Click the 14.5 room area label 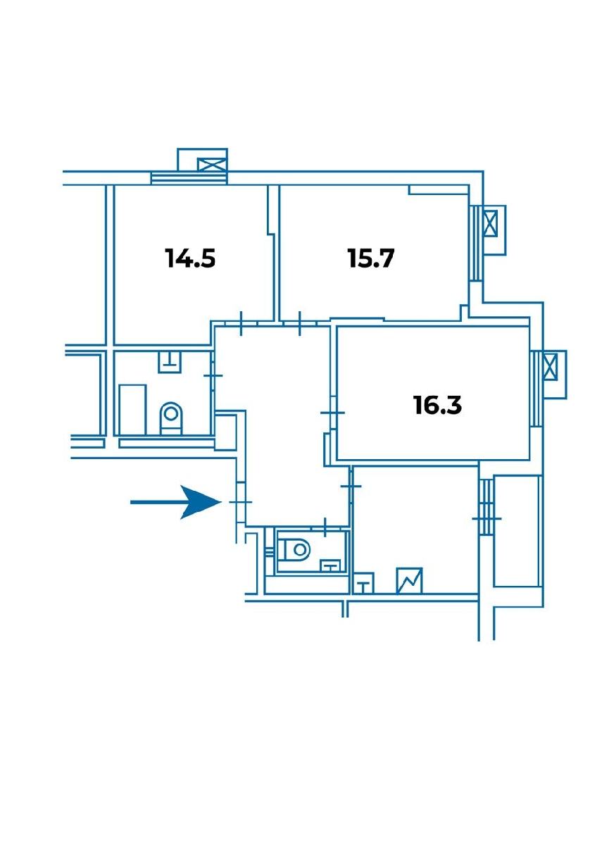pyautogui.click(x=191, y=258)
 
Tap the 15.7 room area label pyautogui.click(x=371, y=258)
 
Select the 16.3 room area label pyautogui.click(x=437, y=405)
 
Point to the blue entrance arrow pyautogui.click(x=175, y=502)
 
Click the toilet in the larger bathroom pyautogui.click(x=171, y=418)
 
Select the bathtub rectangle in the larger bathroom pyautogui.click(x=133, y=410)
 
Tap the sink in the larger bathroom pyautogui.click(x=170, y=361)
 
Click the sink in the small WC pyautogui.click(x=330, y=565)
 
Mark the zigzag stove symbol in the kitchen pyautogui.click(x=409, y=581)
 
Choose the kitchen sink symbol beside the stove pyautogui.click(x=364, y=584)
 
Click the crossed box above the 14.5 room pyautogui.click(x=213, y=165)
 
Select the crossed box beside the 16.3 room pyautogui.click(x=551, y=367)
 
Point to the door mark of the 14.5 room pyautogui.click(x=241, y=323)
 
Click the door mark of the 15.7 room pyautogui.click(x=300, y=323)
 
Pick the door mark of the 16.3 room pyautogui.click(x=332, y=413)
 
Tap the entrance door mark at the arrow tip pyautogui.click(x=240, y=502)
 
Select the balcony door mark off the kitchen pyautogui.click(x=486, y=519)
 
